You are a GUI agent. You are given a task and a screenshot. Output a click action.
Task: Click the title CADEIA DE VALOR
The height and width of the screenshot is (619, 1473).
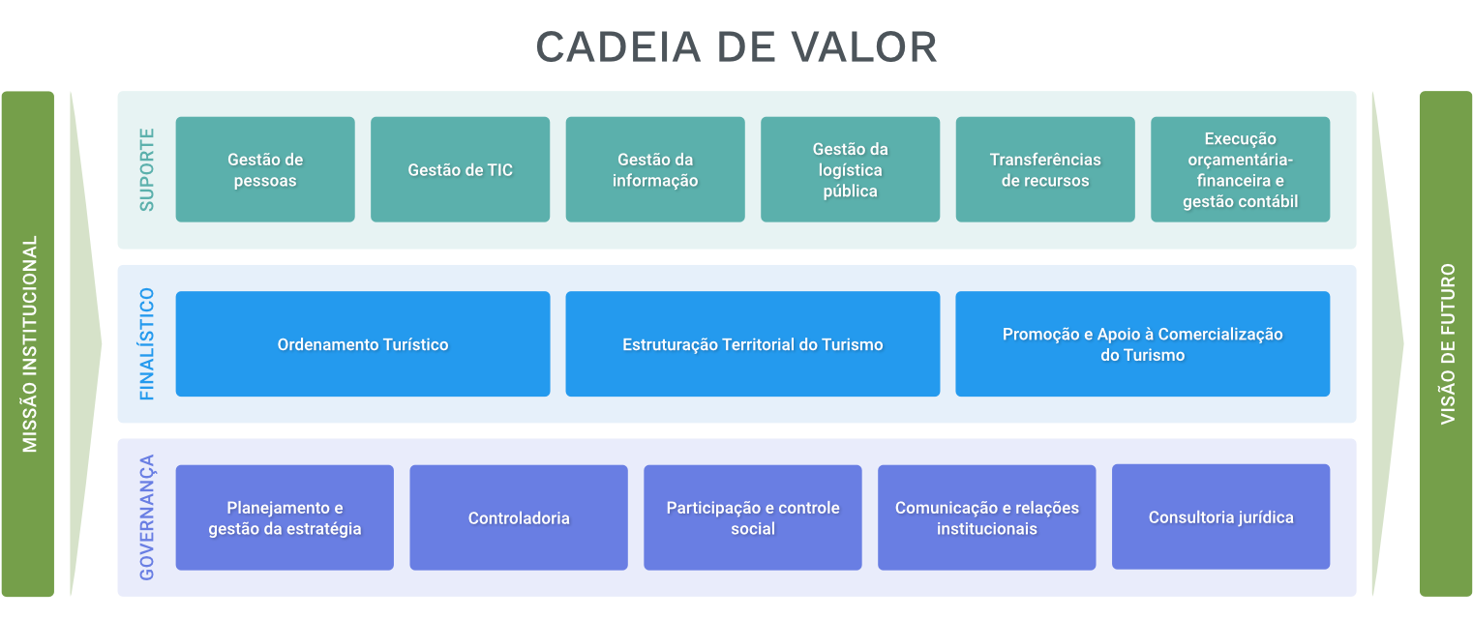pos(736,47)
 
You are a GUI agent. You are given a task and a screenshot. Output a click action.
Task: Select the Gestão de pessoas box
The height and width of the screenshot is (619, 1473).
pos(265,169)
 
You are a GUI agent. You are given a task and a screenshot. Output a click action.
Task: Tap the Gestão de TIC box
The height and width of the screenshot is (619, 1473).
pos(460,169)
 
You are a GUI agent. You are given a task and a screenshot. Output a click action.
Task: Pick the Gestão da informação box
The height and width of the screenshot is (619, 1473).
pos(655,169)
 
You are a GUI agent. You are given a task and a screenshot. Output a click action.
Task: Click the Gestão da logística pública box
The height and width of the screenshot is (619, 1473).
pos(850,169)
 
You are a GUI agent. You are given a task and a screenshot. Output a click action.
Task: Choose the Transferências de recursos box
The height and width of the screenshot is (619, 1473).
pos(1045,169)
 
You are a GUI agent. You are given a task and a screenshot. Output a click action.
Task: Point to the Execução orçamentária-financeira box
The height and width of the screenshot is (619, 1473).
pos(1240,169)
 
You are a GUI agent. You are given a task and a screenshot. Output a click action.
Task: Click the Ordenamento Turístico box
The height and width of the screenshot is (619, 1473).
pos(363,344)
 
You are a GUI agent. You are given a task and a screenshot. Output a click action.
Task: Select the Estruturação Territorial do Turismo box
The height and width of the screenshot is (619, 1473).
pos(752,344)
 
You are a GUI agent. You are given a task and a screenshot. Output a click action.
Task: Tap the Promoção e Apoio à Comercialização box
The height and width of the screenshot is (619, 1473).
pos(1142,344)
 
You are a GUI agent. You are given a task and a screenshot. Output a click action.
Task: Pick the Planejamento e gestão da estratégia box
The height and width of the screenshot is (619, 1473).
pos(285,517)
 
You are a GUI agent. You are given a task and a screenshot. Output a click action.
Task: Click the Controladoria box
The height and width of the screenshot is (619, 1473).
pos(519,517)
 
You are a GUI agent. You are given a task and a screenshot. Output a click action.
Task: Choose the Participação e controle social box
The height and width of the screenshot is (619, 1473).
pos(753,517)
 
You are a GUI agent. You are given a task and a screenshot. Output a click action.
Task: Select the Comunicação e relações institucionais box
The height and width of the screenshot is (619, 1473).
pos(986,517)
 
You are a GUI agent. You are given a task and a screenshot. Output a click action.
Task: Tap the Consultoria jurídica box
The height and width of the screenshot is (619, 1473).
pos(1220,516)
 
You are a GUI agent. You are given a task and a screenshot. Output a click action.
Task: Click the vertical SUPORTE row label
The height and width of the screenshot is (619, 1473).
pos(146,169)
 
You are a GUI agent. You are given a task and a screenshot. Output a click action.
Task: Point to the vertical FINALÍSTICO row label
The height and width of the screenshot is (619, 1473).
pos(146,344)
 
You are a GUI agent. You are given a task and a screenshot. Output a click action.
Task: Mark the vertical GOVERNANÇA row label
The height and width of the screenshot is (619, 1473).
pos(146,517)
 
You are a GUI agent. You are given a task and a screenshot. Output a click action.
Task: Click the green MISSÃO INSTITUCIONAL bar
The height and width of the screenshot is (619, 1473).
pos(28,343)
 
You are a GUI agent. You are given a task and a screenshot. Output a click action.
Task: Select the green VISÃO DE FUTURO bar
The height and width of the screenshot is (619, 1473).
pos(1446,343)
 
